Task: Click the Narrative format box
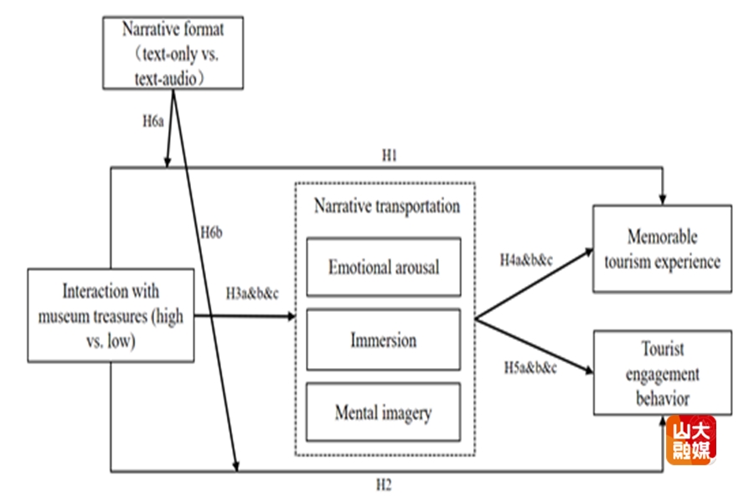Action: point(173,53)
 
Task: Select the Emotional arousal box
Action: point(383,267)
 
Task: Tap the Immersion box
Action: point(383,340)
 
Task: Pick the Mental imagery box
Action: point(383,412)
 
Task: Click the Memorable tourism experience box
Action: point(662,249)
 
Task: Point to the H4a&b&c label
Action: point(525,260)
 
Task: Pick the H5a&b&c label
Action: point(529,367)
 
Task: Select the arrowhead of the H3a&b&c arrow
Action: point(291,317)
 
